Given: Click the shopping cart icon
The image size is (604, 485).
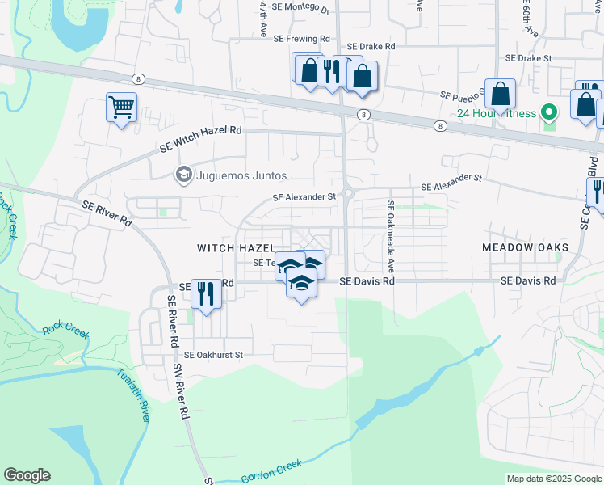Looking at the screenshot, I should coord(121,107).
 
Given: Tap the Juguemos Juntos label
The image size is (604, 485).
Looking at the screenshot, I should coord(240,175).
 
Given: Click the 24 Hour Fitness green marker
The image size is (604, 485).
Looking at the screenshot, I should coord(550,112).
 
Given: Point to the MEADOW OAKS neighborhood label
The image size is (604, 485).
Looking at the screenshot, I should coord(525,247).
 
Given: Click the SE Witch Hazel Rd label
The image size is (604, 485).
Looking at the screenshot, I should coord(201,138).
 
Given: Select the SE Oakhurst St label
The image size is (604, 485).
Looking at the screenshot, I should coord(213,354).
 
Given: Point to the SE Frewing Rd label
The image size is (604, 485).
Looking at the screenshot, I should coord(302,38).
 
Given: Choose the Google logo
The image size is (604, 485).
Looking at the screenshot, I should coord(27,475).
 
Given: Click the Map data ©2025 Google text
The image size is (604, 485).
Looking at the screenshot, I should coord(553,479).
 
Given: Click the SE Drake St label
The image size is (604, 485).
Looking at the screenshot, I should coord(528,58).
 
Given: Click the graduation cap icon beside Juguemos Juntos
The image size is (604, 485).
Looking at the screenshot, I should coord(183,175).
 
